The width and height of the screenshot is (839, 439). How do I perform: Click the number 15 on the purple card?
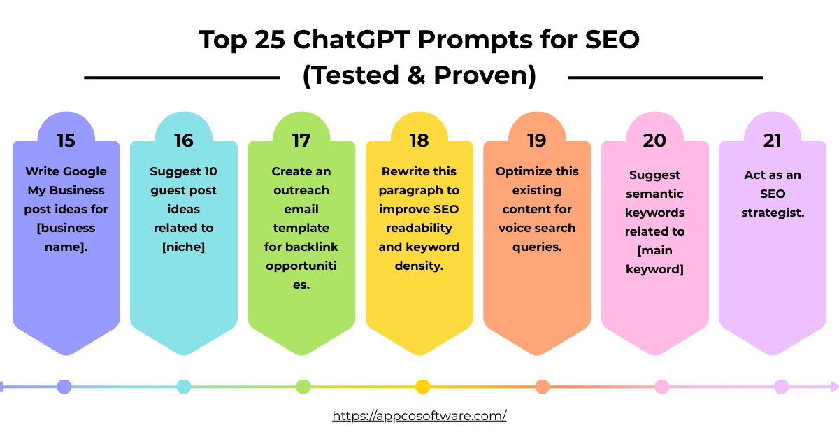click(x=66, y=141)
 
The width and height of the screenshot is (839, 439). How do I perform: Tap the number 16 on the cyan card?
click(x=184, y=141)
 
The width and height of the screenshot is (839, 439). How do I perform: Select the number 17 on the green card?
click(x=301, y=141)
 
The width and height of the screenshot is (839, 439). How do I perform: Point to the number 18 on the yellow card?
click(x=419, y=141)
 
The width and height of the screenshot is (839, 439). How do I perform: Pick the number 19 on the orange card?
click(x=537, y=141)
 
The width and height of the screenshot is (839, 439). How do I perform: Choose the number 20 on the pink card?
click(x=654, y=141)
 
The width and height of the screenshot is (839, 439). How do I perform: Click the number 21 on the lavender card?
click(x=772, y=141)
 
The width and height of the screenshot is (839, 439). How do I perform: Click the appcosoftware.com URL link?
click(x=419, y=415)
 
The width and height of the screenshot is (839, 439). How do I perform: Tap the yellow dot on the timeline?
click(x=422, y=387)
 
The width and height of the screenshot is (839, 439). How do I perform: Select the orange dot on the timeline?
click(x=542, y=387)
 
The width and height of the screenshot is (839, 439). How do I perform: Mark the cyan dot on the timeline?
click(x=184, y=387)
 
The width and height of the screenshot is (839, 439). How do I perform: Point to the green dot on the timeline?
click(x=303, y=387)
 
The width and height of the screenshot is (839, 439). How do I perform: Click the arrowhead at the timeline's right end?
click(x=833, y=387)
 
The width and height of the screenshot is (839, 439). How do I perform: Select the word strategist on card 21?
click(x=773, y=213)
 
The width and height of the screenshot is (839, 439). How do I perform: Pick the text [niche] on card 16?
click(x=184, y=247)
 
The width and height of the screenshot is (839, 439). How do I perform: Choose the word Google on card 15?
click(x=85, y=171)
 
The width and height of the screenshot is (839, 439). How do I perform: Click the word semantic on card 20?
click(x=654, y=194)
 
